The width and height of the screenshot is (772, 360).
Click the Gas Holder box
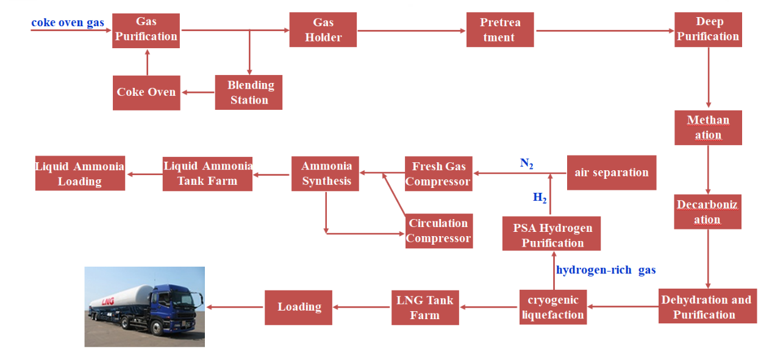pyautogui.click(x=323, y=30)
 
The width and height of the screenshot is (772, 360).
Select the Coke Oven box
pyautogui.click(x=146, y=92)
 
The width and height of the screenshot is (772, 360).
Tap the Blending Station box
pyautogui.click(x=249, y=92)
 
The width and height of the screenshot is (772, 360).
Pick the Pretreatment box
pyautogui.click(x=499, y=30)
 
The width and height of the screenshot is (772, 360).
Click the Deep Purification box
pyautogui.click(x=708, y=29)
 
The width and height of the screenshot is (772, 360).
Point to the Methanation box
pyautogui.click(x=708, y=128)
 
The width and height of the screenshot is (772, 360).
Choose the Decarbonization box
pyautogui.click(x=707, y=212)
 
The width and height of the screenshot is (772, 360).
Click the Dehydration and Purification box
pyautogui.click(x=707, y=306)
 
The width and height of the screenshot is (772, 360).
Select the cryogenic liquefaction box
pyautogui.click(x=553, y=307)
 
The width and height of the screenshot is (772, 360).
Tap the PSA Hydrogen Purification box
pyautogui.click(x=552, y=234)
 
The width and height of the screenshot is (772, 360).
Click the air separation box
pyautogui.click(x=611, y=173)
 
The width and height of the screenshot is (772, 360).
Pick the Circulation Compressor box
pyautogui.click(x=438, y=231)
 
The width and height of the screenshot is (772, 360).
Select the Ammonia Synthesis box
pyautogui.click(x=326, y=173)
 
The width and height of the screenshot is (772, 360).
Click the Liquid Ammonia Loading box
pyautogui.click(x=80, y=173)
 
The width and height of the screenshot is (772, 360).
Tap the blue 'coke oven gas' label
pyautogui.click(x=68, y=23)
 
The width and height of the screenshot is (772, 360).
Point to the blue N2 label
pyautogui.click(x=527, y=163)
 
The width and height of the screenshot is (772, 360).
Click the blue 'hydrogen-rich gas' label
pyautogui.click(x=606, y=270)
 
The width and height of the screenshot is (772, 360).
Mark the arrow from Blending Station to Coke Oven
pyautogui.click(x=198, y=93)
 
